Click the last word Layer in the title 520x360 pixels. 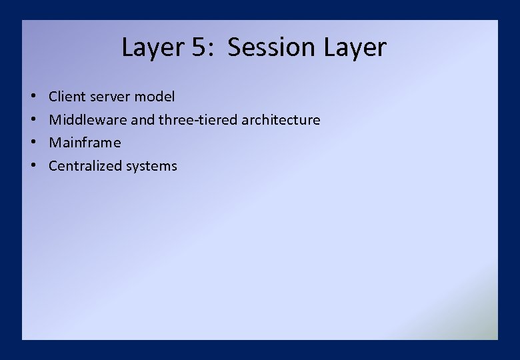click(355, 48)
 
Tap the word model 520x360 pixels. click(155, 97)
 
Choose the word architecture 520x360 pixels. click(281, 120)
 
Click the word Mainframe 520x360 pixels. click(85, 143)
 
